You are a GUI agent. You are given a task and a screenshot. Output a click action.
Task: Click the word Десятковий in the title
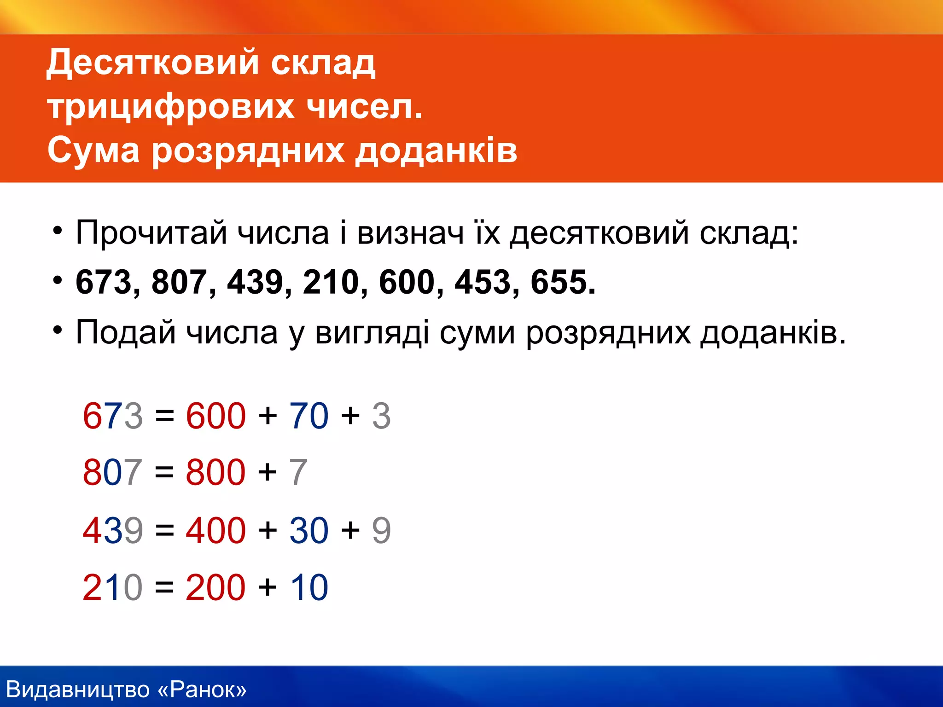[152, 63]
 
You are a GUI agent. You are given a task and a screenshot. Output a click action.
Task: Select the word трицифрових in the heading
[170, 107]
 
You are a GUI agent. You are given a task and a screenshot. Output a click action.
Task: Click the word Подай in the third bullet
[125, 332]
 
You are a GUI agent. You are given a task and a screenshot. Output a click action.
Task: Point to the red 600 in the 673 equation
[215, 416]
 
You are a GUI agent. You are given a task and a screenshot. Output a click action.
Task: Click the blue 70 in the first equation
[309, 416]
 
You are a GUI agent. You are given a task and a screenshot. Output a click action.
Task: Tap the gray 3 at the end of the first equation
[381, 416]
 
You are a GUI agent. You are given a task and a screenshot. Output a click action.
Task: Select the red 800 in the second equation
[215, 473]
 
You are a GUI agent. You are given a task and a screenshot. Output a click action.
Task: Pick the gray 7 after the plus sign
[298, 473]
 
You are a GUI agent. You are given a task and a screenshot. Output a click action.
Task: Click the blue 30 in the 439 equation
[309, 530]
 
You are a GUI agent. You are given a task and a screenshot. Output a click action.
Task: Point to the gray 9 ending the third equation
[381, 530]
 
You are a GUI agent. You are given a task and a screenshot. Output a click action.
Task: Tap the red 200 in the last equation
[215, 588]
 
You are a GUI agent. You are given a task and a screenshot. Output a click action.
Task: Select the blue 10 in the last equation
[309, 588]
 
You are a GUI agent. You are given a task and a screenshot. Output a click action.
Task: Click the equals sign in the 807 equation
[164, 473]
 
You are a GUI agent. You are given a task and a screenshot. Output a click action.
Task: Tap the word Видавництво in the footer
[78, 690]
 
